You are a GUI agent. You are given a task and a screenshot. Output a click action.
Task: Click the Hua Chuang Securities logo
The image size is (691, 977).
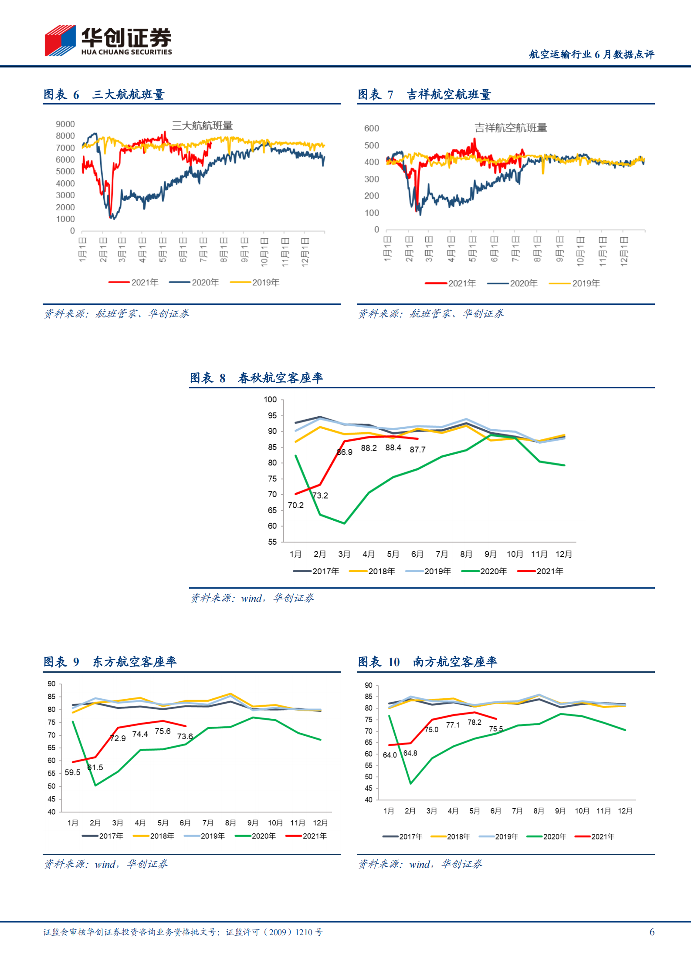coord(108,40)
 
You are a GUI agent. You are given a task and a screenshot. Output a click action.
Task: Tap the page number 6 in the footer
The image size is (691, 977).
coord(652,932)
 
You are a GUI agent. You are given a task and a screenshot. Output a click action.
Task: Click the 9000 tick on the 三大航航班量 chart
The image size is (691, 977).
coord(65,125)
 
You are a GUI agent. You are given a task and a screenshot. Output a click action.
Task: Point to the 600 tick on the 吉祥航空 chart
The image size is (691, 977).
coord(372,128)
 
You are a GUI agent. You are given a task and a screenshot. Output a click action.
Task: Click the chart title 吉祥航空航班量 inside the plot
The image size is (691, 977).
coord(511,128)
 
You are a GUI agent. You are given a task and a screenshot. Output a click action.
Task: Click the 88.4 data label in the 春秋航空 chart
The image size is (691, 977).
coord(393,448)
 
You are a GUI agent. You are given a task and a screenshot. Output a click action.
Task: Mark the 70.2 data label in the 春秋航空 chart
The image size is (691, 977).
coord(295,505)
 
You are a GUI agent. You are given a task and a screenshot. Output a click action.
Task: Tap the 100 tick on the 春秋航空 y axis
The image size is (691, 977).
coord(270,400)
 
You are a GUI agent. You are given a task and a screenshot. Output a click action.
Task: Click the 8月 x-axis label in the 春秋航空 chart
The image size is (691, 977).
coord(466,554)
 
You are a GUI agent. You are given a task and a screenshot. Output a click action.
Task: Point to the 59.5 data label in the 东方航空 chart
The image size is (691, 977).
coord(72,772)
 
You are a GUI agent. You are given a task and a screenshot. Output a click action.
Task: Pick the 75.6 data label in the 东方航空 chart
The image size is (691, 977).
coord(163,731)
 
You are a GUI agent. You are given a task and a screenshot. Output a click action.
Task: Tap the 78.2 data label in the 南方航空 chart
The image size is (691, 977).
coord(474,722)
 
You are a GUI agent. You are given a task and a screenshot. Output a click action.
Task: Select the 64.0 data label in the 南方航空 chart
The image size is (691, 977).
coord(390,755)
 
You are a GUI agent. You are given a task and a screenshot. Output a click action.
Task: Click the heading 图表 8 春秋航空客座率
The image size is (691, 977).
coord(256,378)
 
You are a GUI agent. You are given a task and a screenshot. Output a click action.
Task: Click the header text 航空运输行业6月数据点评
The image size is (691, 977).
coord(591,54)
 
